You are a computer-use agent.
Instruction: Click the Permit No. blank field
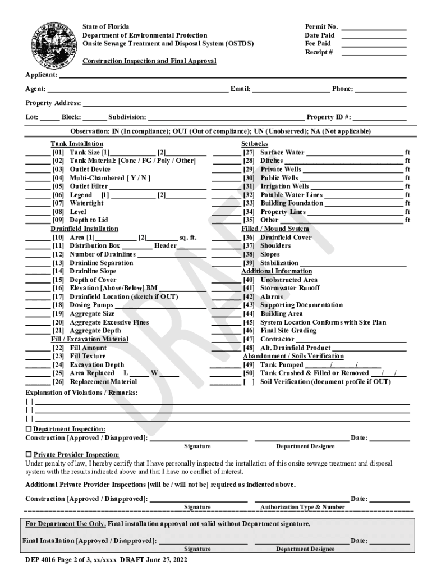click(x=374, y=27)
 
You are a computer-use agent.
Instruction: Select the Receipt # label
click(x=319, y=52)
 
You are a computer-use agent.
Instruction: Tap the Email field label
click(x=240, y=89)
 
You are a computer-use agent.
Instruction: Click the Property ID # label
click(x=329, y=117)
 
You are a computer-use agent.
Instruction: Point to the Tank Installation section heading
click(x=77, y=144)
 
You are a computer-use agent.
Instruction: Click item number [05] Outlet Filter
click(x=80, y=186)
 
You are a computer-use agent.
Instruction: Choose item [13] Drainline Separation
click(x=93, y=263)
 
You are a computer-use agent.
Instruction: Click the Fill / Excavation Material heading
click(x=90, y=339)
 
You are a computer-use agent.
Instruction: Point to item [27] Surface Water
click(x=274, y=152)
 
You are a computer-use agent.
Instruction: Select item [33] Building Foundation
click(x=283, y=203)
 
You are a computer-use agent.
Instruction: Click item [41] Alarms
click(x=264, y=296)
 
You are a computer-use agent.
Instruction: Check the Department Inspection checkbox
click(x=29, y=429)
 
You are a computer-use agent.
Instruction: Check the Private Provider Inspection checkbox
click(x=29, y=454)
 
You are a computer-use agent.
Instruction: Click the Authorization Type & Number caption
click(x=302, y=507)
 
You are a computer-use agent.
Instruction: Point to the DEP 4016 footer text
click(x=106, y=560)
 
